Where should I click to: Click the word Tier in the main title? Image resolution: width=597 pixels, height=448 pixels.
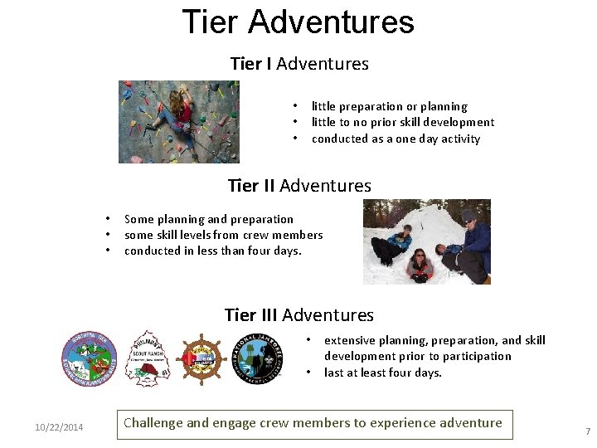click(212, 22)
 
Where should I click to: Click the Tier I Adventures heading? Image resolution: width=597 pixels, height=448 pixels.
click(298, 64)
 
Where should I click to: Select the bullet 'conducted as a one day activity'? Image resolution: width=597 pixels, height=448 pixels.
click(396, 139)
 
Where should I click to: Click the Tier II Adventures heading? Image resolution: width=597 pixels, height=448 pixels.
click(298, 186)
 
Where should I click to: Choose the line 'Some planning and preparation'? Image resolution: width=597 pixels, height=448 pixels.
click(208, 219)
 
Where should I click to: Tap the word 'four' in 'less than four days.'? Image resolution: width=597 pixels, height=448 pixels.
click(256, 251)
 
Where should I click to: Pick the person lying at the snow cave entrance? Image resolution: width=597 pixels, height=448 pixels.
click(420, 265)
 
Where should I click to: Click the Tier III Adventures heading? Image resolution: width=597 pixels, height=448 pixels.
click(298, 315)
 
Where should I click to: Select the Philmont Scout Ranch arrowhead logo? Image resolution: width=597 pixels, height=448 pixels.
click(146, 358)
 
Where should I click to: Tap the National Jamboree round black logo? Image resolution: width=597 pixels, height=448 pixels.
click(259, 358)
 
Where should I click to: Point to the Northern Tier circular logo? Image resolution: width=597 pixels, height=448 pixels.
click(90, 358)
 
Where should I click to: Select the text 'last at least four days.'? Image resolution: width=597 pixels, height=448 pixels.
click(382, 373)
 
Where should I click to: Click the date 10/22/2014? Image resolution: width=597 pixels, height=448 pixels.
click(59, 427)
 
